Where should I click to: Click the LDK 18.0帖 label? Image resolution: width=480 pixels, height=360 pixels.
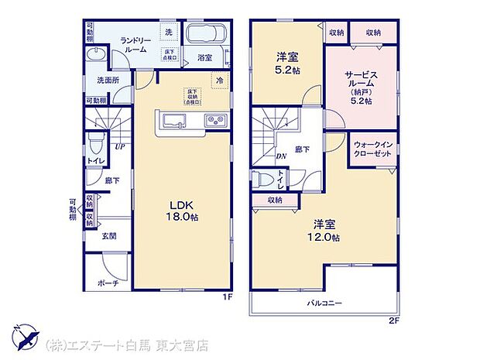[x=184, y=211]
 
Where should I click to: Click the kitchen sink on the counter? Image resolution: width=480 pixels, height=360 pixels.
[x=173, y=120]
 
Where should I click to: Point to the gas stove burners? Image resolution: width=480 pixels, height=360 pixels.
[x=214, y=120]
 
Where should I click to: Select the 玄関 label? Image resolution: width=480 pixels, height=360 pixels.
[x=108, y=236]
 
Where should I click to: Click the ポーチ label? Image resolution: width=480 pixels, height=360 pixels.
[x=109, y=283]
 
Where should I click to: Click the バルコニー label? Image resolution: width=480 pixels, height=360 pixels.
[x=324, y=303]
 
